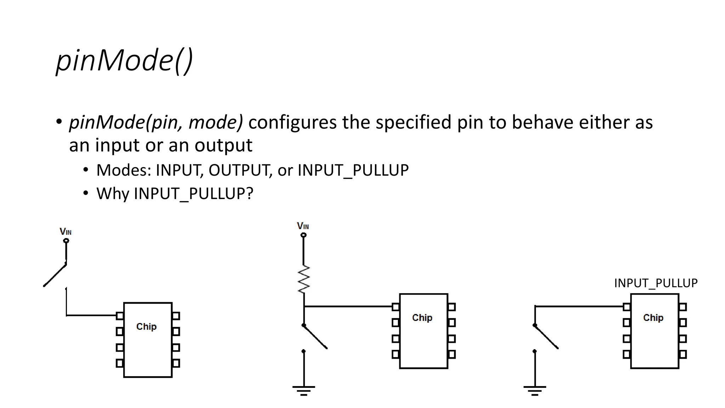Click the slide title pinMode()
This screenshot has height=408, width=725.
click(x=124, y=60)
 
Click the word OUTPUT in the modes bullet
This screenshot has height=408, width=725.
click(x=239, y=170)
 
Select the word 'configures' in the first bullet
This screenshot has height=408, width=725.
click(x=292, y=122)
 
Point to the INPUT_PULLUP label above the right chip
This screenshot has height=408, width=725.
click(x=656, y=283)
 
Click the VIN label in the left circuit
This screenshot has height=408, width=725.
click(x=65, y=232)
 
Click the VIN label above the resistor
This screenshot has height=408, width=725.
click(x=303, y=226)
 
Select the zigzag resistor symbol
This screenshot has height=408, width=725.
click(x=304, y=279)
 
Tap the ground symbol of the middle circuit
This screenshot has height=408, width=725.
click(x=303, y=390)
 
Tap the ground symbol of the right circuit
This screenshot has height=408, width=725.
click(x=535, y=390)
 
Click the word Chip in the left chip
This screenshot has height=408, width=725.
click(x=146, y=327)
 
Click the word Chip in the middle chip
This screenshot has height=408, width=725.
click(x=422, y=318)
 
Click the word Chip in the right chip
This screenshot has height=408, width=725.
click(x=653, y=318)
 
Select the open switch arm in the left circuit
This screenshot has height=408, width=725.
click(x=55, y=275)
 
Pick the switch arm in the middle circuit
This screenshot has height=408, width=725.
click(x=315, y=337)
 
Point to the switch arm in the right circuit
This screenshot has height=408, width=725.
click(x=546, y=337)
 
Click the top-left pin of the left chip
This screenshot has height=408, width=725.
click(x=120, y=316)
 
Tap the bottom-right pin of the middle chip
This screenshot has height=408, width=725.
click(x=452, y=354)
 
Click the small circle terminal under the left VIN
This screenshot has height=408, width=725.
click(x=66, y=241)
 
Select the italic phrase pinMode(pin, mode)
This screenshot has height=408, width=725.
click(x=156, y=122)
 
